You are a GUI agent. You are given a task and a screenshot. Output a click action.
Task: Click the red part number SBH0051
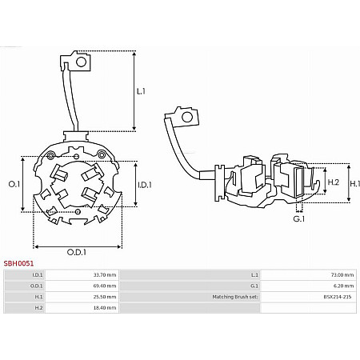point(18,263)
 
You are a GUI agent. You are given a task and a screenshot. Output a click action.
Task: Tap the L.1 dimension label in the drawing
point(141,91)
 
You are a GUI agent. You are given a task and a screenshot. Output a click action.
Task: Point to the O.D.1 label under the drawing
point(77,252)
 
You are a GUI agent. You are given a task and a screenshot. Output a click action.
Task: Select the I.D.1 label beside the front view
point(145,185)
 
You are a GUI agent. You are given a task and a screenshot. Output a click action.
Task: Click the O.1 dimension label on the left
point(14,184)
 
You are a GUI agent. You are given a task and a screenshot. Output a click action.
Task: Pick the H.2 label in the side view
point(333,182)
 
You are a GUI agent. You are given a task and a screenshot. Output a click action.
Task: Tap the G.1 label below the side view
point(299,219)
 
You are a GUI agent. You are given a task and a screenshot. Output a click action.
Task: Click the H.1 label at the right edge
point(354,183)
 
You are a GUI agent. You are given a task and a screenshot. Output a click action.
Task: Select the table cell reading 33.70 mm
point(105,275)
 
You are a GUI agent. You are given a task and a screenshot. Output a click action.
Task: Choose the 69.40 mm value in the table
point(105,286)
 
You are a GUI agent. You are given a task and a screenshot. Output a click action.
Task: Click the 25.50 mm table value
point(105,297)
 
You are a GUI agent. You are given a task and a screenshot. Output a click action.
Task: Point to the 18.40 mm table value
point(105,308)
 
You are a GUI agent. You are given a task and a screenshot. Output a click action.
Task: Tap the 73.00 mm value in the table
point(342,275)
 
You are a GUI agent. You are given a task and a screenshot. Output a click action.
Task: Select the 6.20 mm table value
point(343,286)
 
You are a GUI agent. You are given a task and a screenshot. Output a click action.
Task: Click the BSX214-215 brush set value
point(338,297)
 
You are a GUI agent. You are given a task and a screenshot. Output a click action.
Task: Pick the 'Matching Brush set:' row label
point(235,297)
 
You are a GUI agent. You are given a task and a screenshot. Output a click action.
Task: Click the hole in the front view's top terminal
point(81,62)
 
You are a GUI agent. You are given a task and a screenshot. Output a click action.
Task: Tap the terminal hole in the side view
point(187,117)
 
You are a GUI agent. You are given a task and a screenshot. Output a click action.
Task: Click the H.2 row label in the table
point(38,308)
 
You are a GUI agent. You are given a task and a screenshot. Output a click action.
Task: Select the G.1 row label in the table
point(254,286)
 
